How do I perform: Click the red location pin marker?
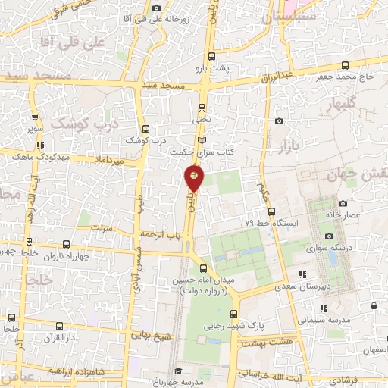[194, 177]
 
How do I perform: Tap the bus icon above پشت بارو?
[211, 55]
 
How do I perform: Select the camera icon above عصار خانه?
[343, 203]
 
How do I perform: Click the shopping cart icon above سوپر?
[34, 117]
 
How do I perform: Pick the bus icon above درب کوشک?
[144, 129]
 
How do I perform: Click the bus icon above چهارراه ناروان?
[67, 244]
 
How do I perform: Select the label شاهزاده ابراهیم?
[76, 371]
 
